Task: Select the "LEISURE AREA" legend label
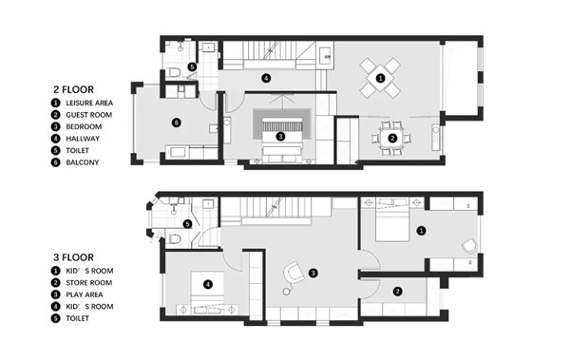pyautogui.click(x=94, y=103)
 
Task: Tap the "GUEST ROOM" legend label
pyautogui.click(x=90, y=114)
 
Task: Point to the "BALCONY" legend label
pyautogui.click(x=85, y=162)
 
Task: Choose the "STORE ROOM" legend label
pyautogui.click(x=90, y=283)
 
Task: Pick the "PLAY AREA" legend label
pyautogui.click(x=87, y=294)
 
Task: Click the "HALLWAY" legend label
pyautogui.click(x=85, y=139)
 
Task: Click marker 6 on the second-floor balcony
pyautogui.click(x=176, y=122)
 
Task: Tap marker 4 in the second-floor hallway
pyautogui.click(x=266, y=78)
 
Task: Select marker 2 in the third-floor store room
pyautogui.click(x=397, y=292)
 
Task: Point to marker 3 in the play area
pyautogui.click(x=313, y=273)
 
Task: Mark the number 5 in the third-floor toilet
pyautogui.click(x=188, y=224)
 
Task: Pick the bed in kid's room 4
pyautogui.click(x=207, y=294)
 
